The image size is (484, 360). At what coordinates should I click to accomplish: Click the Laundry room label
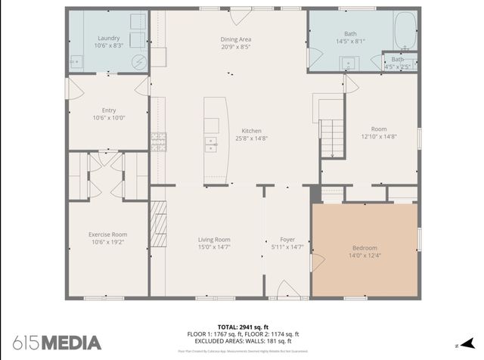[109, 38]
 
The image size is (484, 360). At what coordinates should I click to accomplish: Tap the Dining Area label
[235, 39]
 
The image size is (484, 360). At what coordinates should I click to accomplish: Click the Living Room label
[214, 239]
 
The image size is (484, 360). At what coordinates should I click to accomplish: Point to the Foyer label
[287, 239]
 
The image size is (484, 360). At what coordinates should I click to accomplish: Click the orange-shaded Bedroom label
[364, 248]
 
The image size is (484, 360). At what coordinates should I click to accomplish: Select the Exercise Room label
[107, 234]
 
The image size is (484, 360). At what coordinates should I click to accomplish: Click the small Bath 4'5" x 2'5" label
[397, 60]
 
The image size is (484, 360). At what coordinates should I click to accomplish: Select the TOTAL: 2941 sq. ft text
[243, 326]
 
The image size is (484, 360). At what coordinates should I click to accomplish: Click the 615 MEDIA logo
[56, 342]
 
